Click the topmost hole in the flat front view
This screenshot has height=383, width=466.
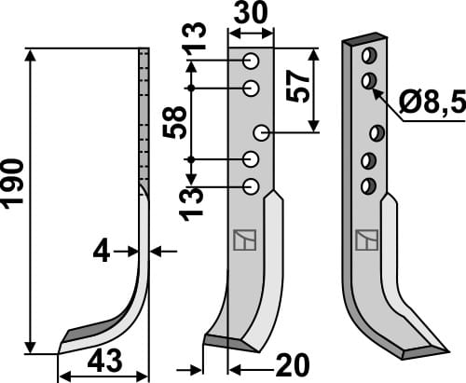tap(251, 62)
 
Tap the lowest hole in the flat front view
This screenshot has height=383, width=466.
tap(251, 186)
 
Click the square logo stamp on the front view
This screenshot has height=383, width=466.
tap(240, 240)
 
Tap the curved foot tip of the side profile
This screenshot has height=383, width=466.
tap(62, 347)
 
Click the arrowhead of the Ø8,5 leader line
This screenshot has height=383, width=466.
tap(375, 90)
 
